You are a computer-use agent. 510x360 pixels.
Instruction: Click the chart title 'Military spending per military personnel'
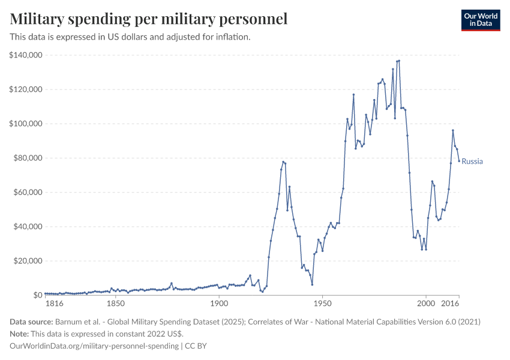tap(148, 19)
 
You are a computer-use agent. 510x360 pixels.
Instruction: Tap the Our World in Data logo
tap(480, 20)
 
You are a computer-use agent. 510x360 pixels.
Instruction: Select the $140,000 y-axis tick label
tap(25, 55)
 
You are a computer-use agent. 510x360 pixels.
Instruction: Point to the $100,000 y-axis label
tap(25, 124)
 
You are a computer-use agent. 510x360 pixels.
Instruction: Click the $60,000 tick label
tap(27, 193)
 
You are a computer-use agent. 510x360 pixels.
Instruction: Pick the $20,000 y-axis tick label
tap(27, 261)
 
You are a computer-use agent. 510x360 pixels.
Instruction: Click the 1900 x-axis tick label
tap(219, 305)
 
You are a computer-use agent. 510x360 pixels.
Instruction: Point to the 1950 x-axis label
tap(322, 305)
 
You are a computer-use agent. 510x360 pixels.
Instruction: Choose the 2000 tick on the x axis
tap(426, 305)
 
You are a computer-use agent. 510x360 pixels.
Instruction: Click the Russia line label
tap(472, 161)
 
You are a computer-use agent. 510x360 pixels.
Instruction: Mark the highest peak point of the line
tap(399, 61)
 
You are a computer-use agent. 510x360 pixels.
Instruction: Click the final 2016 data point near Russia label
tap(459, 161)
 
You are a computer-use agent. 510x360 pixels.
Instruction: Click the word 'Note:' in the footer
tap(20, 334)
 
